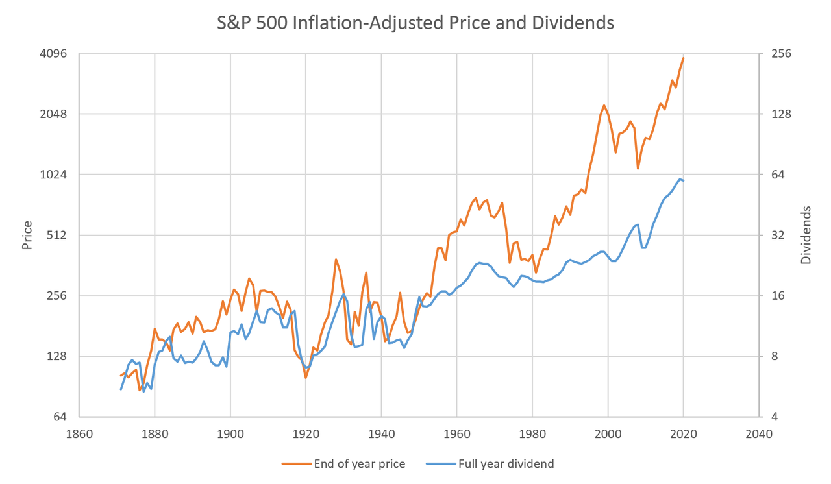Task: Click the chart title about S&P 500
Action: click(415, 23)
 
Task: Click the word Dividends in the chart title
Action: click(579, 23)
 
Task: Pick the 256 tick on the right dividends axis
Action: click(780, 54)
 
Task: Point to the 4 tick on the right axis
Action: click(774, 417)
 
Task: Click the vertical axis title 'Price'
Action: click(27, 236)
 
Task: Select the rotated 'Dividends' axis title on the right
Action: click(806, 235)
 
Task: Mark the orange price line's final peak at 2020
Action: click(684, 58)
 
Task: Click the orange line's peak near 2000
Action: click(604, 105)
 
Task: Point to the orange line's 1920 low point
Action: click(306, 377)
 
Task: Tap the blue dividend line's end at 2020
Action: click(684, 180)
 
